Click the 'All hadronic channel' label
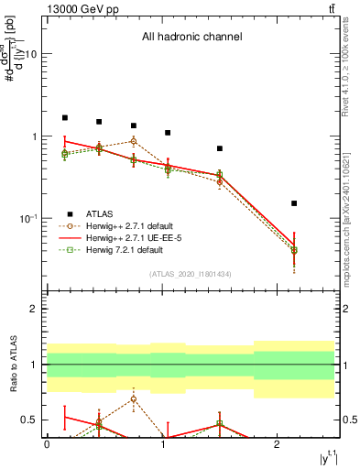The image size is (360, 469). (191, 38)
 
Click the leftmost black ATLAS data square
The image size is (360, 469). (65, 118)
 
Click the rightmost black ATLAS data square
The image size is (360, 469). (294, 203)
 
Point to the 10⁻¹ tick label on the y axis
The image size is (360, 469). (27, 219)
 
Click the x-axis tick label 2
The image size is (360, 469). (277, 444)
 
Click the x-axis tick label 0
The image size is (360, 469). (47, 444)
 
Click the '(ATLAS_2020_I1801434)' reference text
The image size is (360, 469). (191, 274)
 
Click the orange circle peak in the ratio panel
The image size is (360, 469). (134, 398)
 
